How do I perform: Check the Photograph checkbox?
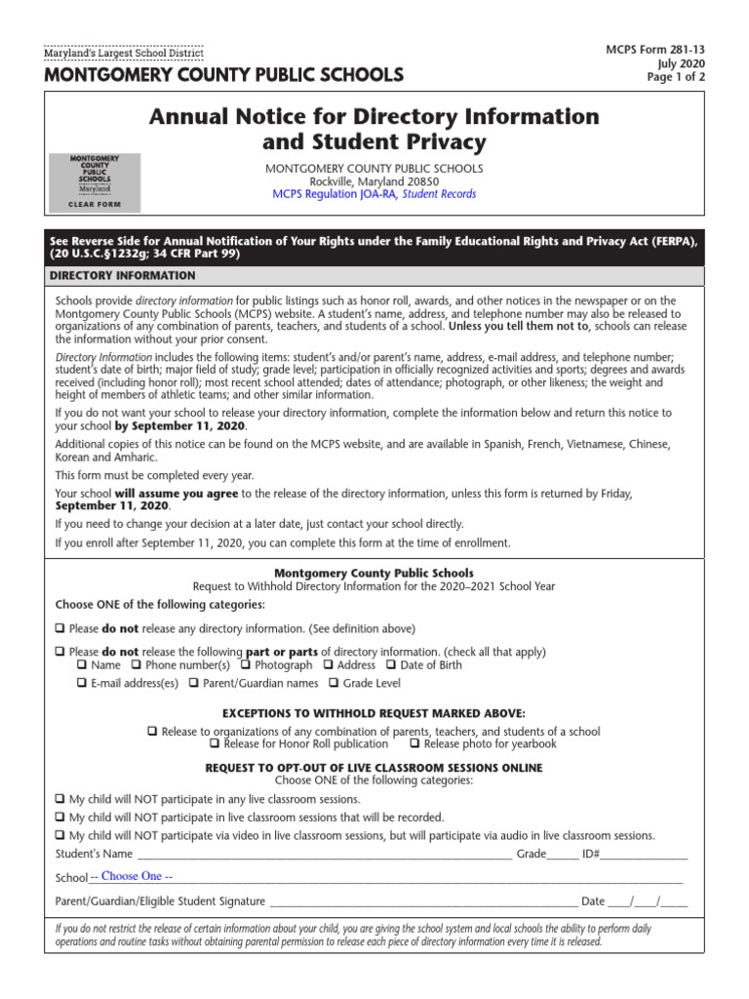coord(247,665)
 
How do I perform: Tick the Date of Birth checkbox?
coord(392,665)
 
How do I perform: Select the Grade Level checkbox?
coord(334,683)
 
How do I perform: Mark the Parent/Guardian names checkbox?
coord(195,683)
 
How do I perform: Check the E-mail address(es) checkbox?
coord(82,683)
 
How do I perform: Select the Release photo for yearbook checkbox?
coord(415,743)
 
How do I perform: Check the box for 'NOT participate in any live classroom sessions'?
coord(60,799)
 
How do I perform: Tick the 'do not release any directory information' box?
coord(60,629)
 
